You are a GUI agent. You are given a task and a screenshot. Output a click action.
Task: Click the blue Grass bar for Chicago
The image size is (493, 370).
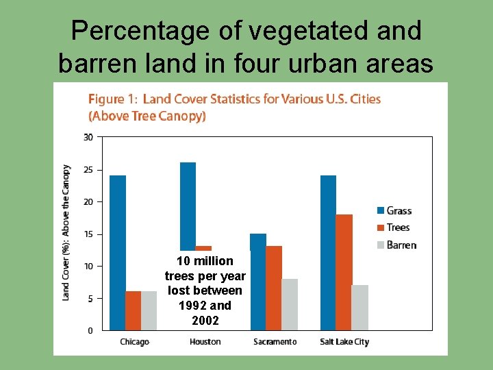pos(117,253)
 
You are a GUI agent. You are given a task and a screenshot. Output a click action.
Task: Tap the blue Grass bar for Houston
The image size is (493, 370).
pos(188,206)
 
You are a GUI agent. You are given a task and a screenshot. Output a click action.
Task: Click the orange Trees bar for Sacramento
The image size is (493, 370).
pos(274,288)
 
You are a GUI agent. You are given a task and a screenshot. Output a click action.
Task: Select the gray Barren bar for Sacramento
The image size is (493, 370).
pos(290,304)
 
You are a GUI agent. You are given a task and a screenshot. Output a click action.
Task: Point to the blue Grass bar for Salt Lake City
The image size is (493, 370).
pos(328,253)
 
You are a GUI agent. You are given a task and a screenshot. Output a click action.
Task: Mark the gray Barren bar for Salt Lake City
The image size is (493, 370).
pos(360,308)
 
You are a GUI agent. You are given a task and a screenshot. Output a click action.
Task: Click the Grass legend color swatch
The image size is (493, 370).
pos(380,210)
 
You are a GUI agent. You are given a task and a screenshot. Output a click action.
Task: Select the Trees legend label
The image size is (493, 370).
pos(398,227)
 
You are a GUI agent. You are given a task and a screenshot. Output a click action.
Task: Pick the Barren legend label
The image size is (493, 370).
pos(401,245)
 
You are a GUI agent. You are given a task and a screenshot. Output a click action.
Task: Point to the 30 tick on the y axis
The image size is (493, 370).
pos(88,137)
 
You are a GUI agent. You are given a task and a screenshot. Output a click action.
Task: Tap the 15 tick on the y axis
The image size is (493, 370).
pos(88,234)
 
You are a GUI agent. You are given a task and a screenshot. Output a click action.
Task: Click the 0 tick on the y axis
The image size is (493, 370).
pos(90,330)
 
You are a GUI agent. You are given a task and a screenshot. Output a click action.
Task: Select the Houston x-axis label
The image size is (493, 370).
pos(205,341)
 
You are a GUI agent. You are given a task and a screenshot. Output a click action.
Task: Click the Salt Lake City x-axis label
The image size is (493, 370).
pos(344,341)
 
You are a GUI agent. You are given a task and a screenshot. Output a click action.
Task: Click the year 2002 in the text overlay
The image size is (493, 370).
pos(205,320)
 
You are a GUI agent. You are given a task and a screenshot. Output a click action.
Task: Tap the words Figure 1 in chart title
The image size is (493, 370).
pos(112,99)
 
